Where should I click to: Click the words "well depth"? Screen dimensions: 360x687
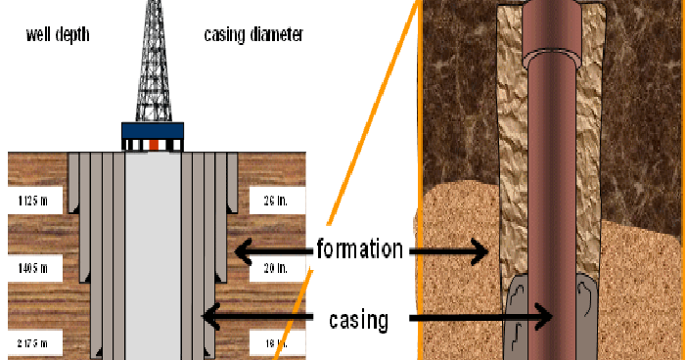tap(58, 35)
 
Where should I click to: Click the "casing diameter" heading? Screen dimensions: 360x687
tap(253, 35)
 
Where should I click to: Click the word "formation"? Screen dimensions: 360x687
tap(359, 249)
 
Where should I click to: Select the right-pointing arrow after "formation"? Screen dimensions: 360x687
tap(449, 251)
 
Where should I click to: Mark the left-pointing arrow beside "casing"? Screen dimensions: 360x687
tap(254, 315)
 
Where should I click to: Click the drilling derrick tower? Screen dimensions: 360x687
tap(152, 64)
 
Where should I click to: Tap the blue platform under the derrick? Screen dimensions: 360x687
tap(153, 131)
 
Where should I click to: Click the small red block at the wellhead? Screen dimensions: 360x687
tap(153, 146)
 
